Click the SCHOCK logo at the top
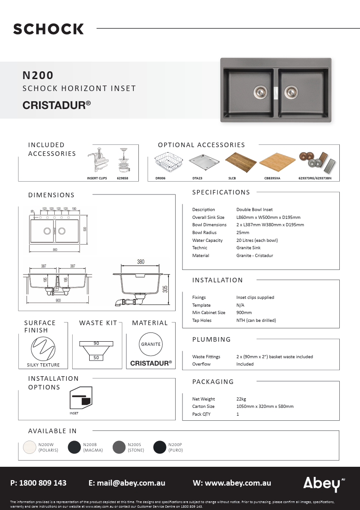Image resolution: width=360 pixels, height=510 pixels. pos(48,29)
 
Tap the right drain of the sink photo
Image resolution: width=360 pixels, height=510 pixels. pos(291,91)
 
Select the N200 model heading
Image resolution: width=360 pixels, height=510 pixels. pos(38,75)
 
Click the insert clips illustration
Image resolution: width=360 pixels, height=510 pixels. pos(97,160)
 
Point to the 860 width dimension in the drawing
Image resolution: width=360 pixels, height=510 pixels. pos(55,250)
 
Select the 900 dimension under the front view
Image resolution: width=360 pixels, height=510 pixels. pos(57,301)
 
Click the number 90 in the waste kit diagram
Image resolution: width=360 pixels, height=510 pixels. pos(96,344)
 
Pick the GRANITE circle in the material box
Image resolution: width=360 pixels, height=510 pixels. pos(151,344)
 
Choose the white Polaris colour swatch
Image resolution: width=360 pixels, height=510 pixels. pos(29,447)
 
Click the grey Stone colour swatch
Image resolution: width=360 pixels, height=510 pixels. pos(119,447)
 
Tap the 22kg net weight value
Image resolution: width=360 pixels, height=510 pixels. pos(241,399)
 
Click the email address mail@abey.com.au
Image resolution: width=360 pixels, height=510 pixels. pos(126,483)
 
